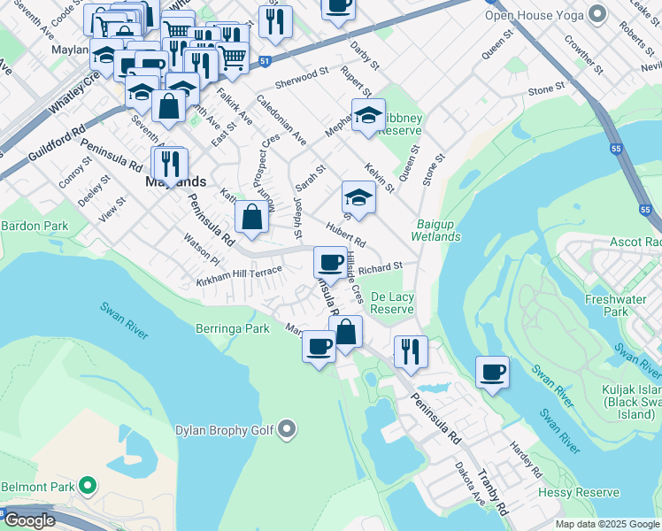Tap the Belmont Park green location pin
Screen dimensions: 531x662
[87, 486]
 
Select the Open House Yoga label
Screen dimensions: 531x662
[537, 13]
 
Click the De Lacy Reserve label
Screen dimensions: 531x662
[392, 303]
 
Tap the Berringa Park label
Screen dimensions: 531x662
[232, 328]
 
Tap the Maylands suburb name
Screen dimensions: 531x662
[175, 182]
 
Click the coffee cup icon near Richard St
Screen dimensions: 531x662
[330, 262]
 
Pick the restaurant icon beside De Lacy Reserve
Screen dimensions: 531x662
[410, 351]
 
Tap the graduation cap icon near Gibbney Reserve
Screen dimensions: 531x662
[368, 114]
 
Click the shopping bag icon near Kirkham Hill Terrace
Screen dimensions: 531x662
[251, 217]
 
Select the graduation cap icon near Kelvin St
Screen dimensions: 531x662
[358, 196]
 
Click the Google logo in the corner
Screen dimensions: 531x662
[29, 520]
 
